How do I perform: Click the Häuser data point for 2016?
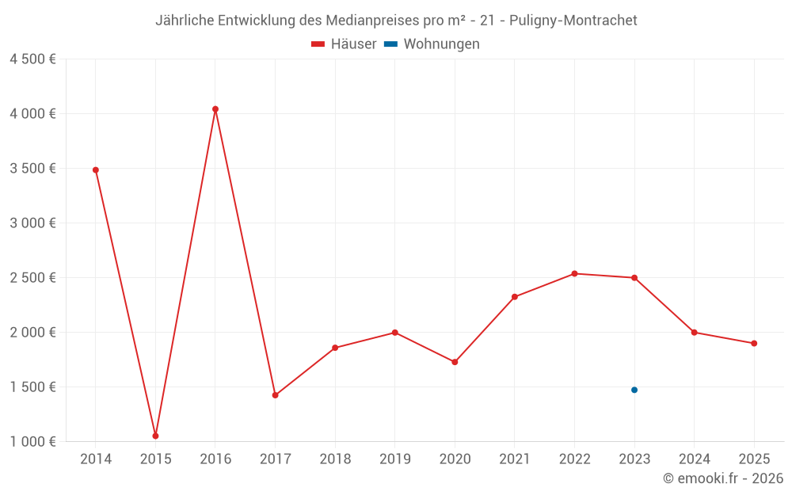215,109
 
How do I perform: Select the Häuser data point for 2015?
155,436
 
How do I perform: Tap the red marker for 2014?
96,169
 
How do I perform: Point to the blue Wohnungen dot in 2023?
634,390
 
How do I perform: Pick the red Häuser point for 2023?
634,278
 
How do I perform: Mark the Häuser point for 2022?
574,273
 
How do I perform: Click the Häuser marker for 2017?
275,395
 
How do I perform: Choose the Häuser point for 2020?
455,362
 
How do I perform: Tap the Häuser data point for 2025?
754,343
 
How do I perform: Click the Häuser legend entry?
344,44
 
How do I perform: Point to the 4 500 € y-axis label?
32,59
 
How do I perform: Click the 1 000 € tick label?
32,441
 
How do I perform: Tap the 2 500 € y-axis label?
32,277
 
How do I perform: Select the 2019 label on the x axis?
394,459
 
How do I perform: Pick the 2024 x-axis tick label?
694,459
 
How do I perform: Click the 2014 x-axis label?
96,459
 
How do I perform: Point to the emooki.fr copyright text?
723,478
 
